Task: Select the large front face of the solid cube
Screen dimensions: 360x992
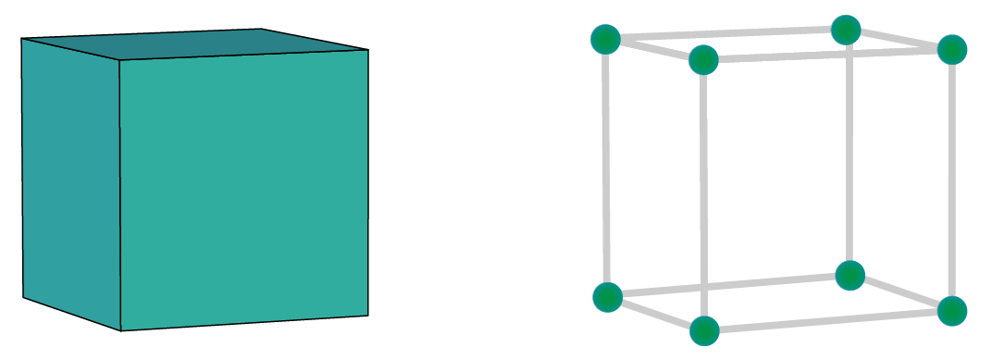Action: pos(245,190)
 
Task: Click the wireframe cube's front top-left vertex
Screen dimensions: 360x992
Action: pos(703,60)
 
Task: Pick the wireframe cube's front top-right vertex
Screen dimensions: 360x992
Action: pos(952,49)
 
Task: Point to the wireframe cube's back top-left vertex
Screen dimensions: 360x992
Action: pos(604,40)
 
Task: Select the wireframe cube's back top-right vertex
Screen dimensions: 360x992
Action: pos(846,30)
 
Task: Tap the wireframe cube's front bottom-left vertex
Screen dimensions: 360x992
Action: pos(704,329)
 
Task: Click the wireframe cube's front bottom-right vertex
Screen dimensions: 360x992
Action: pos(951,310)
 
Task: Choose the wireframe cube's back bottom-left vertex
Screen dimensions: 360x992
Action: pos(607,297)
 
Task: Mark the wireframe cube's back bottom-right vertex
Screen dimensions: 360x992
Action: pos(849,275)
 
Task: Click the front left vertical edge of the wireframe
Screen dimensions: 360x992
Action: pos(703,194)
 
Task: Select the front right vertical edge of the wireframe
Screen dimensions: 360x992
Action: pos(952,180)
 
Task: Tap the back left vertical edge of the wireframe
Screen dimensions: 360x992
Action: pos(606,167)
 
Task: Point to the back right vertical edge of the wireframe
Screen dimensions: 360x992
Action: pos(848,153)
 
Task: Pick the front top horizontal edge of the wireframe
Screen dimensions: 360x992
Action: pos(828,55)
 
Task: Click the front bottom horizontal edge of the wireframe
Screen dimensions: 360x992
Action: pos(828,320)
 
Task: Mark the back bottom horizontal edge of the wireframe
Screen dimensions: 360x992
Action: pos(728,286)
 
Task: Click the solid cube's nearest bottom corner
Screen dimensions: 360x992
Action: pos(121,330)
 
